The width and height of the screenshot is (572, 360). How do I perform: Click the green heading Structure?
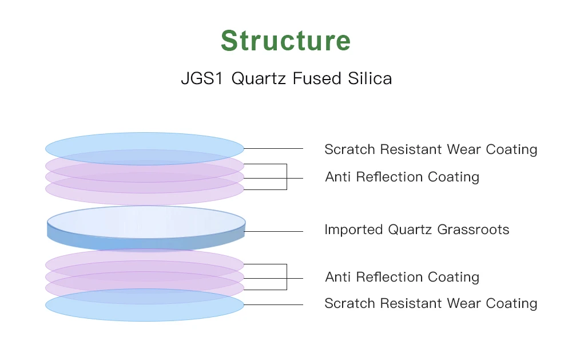[x=285, y=41]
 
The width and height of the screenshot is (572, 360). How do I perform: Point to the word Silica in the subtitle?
[x=370, y=78]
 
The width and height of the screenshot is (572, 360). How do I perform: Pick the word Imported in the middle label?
[x=353, y=230]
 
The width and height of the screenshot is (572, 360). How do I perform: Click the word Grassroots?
[x=473, y=230]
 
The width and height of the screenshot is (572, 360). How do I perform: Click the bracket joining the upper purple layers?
[x=286, y=176]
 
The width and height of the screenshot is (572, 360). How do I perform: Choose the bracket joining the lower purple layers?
[x=286, y=277]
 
